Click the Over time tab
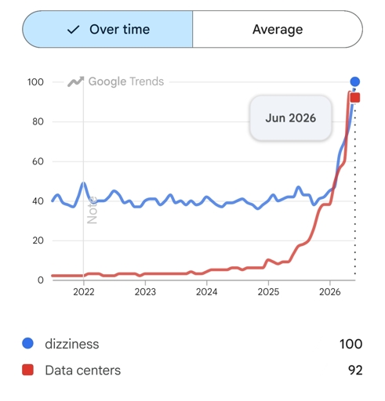click(107, 29)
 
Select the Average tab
click(278, 29)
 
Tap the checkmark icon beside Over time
click(73, 30)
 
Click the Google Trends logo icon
click(76, 81)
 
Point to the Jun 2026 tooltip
click(291, 118)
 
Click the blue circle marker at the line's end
click(355, 81)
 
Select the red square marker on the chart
click(355, 98)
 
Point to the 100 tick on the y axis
click(35, 82)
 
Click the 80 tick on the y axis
click(38, 121)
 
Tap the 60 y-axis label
click(38, 161)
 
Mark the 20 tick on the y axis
click(38, 240)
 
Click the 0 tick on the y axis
click(41, 280)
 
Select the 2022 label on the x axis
click(84, 292)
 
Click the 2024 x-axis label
click(207, 292)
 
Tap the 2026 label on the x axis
click(330, 292)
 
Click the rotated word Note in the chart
click(93, 210)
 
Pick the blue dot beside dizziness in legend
click(27, 343)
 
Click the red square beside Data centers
click(27, 370)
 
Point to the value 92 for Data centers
click(355, 370)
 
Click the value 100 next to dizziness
click(351, 344)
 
